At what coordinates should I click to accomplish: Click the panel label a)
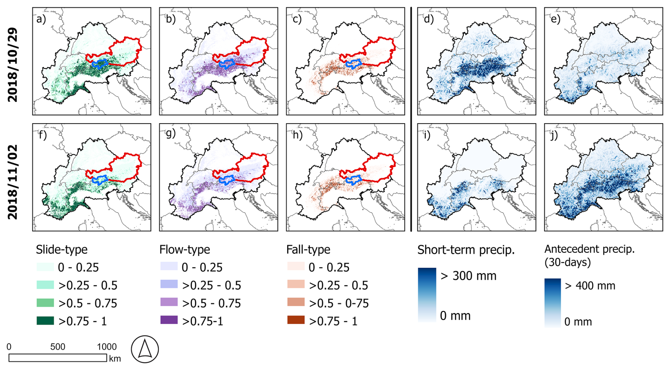[41, 19]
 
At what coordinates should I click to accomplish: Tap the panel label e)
[555, 19]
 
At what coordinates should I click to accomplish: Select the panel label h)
[297, 135]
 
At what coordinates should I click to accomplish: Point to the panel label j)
[555, 135]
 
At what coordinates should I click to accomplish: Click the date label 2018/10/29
[12, 65]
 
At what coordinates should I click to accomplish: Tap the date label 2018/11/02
[12, 182]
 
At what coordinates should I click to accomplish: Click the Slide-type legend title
[62, 250]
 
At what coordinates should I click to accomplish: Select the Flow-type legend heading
[184, 250]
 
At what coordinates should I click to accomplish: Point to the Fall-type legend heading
[308, 250]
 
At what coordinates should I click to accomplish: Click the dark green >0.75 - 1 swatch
[45, 320]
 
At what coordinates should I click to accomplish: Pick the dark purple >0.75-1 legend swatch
[169, 320]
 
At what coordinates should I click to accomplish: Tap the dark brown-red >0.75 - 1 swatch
[296, 320]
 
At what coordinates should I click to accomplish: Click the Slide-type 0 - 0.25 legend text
[78, 267]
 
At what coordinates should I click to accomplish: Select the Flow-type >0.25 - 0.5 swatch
[169, 284]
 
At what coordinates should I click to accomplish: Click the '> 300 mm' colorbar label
[468, 276]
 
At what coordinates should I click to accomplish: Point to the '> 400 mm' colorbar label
[590, 286]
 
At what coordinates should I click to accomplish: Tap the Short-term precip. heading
[466, 250]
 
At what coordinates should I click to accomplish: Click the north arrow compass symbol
[145, 349]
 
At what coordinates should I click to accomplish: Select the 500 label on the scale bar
[58, 347]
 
